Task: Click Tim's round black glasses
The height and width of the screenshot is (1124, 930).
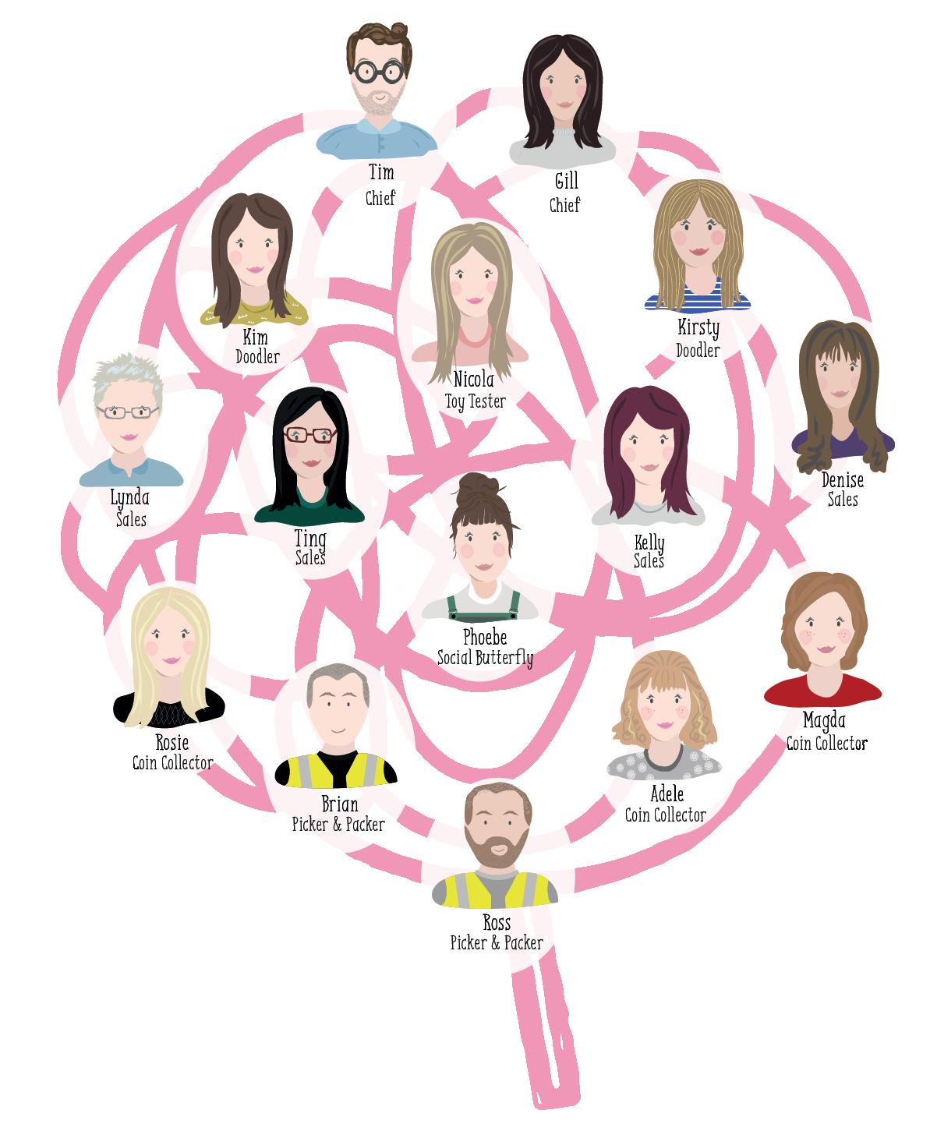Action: pyautogui.click(x=378, y=72)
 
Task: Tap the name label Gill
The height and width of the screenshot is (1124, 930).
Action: pyautogui.click(x=566, y=182)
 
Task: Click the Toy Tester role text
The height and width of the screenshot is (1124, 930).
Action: pyautogui.click(x=475, y=401)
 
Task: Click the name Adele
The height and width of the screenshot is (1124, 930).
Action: pyautogui.click(x=667, y=794)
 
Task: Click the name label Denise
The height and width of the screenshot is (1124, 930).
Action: pyautogui.click(x=842, y=480)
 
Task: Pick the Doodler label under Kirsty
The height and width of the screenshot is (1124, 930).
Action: pyautogui.click(x=698, y=351)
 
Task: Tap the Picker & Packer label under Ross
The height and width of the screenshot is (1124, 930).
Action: pyautogui.click(x=497, y=943)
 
